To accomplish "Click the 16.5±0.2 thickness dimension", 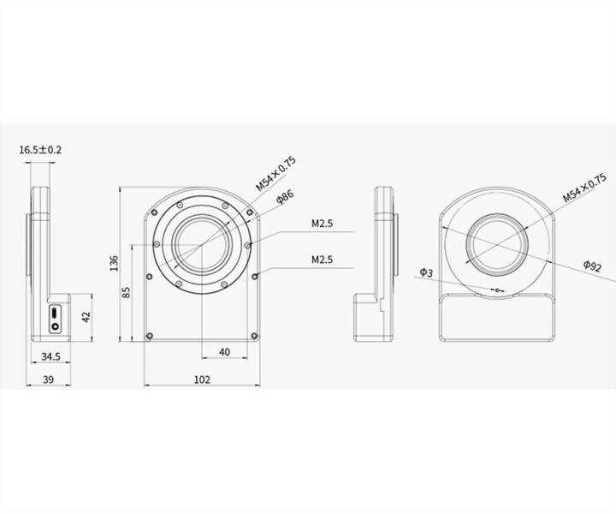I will [40, 150].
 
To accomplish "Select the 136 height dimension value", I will [115, 261].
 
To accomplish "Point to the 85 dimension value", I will [126, 292].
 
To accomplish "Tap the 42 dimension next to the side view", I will [86, 316].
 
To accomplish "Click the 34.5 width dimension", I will [50, 356].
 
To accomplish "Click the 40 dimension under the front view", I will [224, 352].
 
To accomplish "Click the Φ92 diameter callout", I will [593, 266].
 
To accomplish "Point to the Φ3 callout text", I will [427, 272].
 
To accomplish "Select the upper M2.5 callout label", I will [322, 224].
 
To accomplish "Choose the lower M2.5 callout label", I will [322, 259].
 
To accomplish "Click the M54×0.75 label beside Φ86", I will [275, 173].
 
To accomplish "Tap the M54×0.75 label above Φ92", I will [583, 186].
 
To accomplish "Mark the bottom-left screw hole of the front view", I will [151, 336].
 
